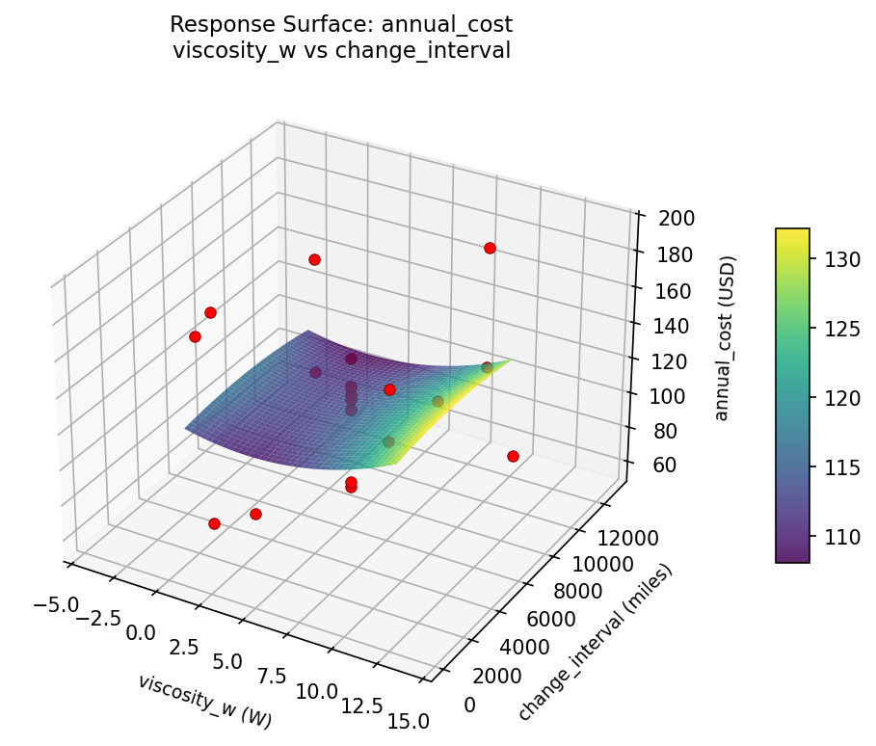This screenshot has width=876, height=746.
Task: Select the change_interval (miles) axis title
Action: click(594, 642)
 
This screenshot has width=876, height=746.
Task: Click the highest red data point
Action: click(490, 248)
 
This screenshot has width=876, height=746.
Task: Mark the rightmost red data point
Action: click(513, 456)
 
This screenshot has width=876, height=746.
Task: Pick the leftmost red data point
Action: click(195, 336)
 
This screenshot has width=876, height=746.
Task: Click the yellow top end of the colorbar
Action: click(792, 232)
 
